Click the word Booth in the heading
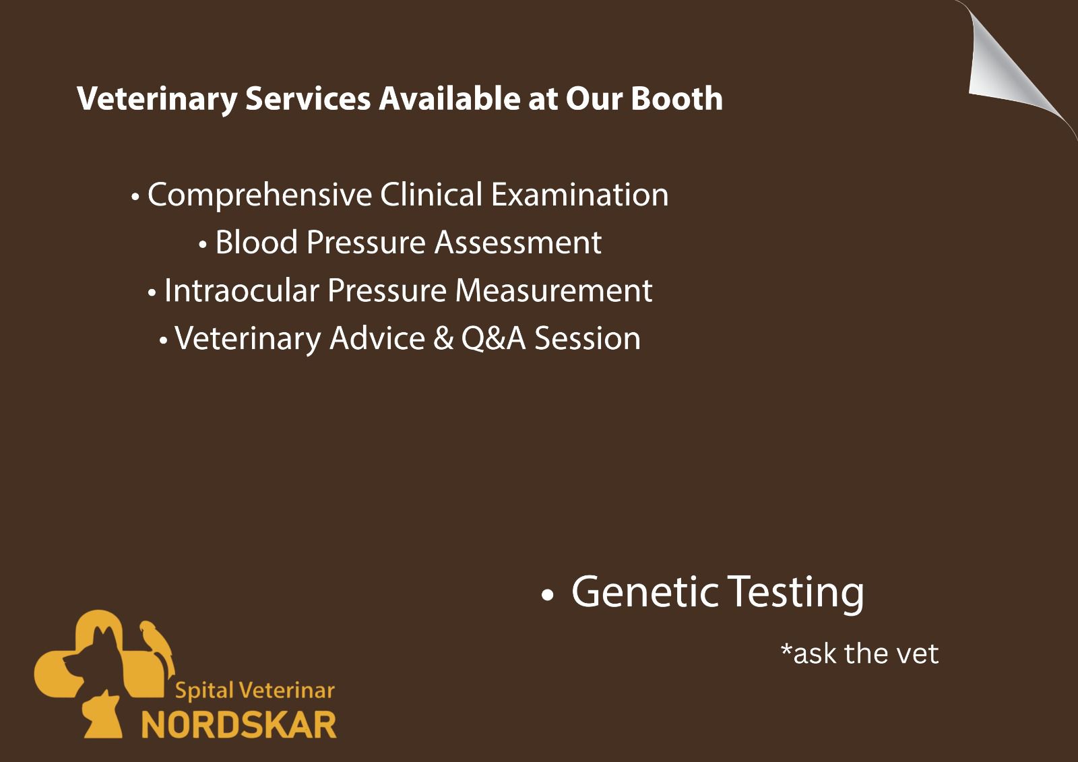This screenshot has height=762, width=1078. click(x=676, y=98)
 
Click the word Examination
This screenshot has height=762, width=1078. click(x=579, y=195)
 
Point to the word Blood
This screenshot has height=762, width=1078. click(x=257, y=242)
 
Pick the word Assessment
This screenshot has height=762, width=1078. click(x=518, y=242)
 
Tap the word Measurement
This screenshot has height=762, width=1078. click(x=553, y=290)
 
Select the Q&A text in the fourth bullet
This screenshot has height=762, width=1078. click(x=493, y=338)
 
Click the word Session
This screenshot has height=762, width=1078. click(x=588, y=338)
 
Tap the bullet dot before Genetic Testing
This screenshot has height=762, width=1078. click(x=548, y=595)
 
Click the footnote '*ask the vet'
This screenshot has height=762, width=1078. click(x=860, y=654)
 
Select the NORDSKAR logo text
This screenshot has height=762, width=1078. click(x=239, y=725)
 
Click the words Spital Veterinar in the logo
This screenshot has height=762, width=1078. click(x=255, y=691)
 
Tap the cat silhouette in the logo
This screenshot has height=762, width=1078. click(x=102, y=715)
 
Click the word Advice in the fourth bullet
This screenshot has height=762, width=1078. click(x=377, y=338)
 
